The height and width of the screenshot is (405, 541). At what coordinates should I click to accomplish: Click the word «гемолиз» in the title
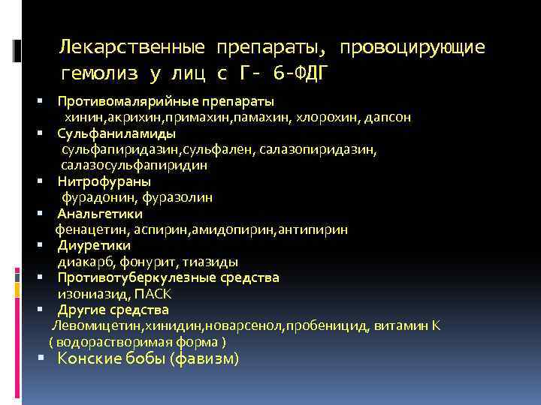[x=94, y=73]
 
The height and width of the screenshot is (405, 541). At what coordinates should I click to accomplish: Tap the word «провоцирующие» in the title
[x=413, y=48]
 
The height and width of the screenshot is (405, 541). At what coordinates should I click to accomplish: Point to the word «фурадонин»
[x=95, y=197]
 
